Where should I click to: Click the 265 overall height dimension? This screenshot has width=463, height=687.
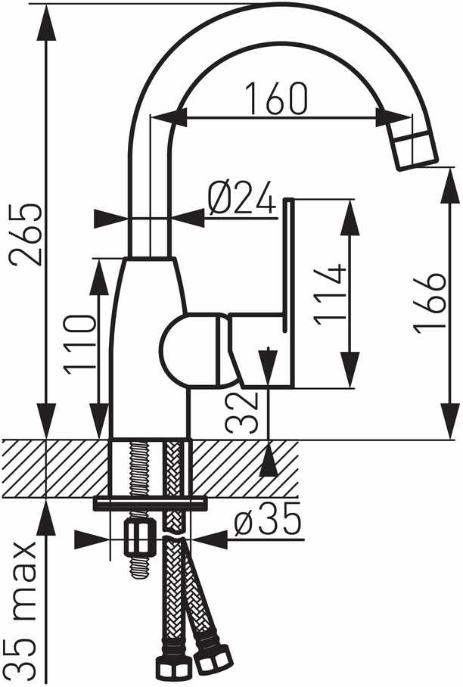tap(26, 234)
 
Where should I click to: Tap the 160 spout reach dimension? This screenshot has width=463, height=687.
tap(276, 98)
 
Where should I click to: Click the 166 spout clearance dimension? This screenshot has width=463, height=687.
tap(430, 303)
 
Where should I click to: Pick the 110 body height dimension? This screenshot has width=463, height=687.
tap(79, 344)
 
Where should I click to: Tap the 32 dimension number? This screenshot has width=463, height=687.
tap(241, 412)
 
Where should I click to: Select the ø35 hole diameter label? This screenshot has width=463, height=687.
tap(267, 519)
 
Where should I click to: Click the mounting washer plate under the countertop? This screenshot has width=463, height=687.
tap(149, 503)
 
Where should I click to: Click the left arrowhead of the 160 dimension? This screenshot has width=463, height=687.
tap(169, 118)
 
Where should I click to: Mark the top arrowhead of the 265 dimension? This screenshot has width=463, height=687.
tap(46, 23)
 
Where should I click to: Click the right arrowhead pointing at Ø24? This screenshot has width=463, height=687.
tap(187, 218)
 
